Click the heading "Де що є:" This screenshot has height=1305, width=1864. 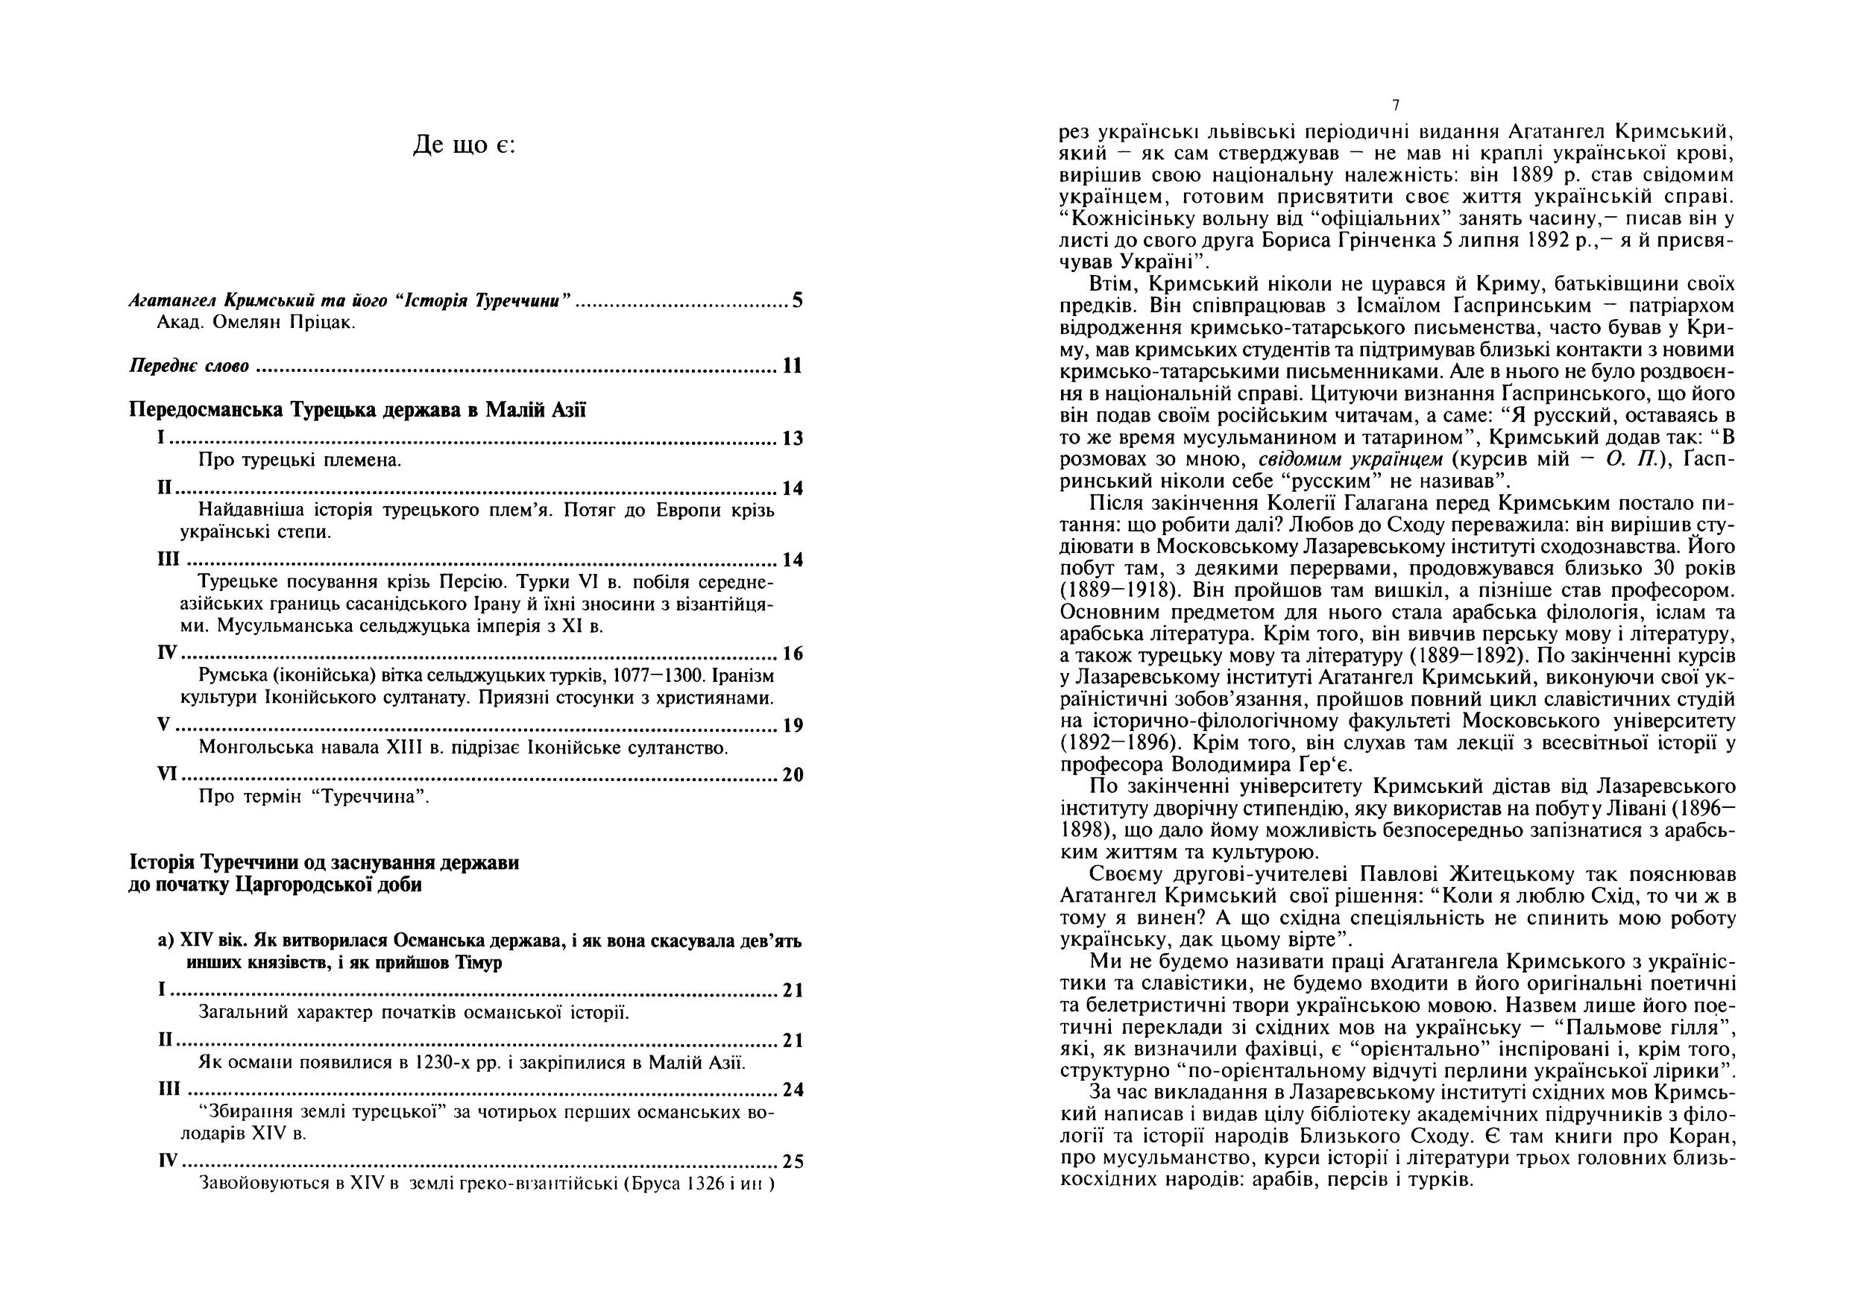point(464,145)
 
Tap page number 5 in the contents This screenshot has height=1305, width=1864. point(797,301)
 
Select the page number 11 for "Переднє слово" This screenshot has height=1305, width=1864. point(793,366)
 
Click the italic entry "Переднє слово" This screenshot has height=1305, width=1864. point(189,366)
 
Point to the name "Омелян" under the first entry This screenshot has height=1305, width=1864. point(247,323)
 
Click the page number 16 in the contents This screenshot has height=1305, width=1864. point(793,654)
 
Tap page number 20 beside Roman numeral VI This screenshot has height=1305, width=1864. point(793,775)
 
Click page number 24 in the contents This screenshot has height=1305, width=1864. point(793,1090)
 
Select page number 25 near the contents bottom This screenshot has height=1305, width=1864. point(793,1162)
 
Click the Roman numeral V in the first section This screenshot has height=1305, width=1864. point(163,724)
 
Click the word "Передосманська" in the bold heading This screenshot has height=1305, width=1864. point(207,410)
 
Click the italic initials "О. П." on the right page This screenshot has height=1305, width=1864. point(1628,459)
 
